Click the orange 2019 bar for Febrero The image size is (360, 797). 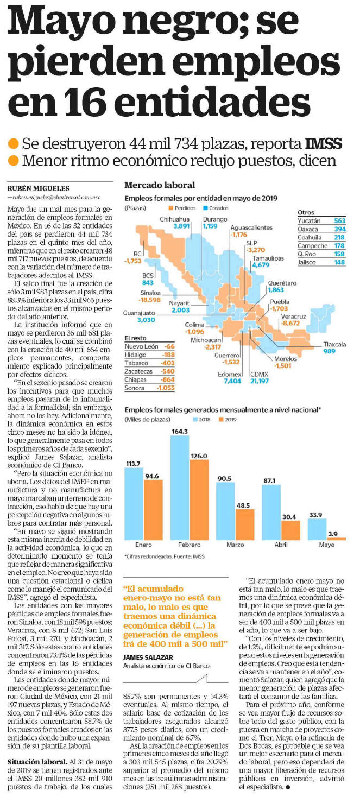199,499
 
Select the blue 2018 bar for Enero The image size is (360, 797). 134,503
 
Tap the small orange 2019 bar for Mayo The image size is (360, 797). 336,539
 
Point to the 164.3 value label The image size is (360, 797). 180,431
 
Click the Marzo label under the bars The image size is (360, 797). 235,545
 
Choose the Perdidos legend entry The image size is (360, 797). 182,208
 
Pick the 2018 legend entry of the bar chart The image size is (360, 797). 201,420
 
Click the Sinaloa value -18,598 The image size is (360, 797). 150,300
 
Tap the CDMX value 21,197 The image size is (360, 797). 260,381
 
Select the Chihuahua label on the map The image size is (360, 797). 174,219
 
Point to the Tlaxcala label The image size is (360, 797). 334,344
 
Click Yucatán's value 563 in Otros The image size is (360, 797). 340,220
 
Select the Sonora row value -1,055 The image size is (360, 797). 166,388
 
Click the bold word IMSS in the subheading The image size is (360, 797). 324,144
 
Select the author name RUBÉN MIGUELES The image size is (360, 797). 39,188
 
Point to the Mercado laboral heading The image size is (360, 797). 160,185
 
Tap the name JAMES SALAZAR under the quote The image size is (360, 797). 148,657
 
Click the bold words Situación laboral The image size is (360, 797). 37,762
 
